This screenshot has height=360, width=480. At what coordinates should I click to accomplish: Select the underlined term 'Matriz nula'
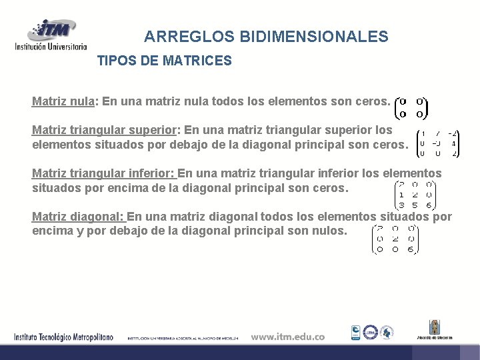(63, 102)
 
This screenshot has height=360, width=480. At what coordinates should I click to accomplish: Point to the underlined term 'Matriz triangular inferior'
(103, 174)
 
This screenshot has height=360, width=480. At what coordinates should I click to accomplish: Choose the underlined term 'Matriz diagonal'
(77, 217)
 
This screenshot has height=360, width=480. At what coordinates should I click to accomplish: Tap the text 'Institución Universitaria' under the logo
(51, 47)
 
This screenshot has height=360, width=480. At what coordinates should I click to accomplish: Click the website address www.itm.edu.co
(287, 337)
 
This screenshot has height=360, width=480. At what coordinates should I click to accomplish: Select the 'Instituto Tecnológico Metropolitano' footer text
(64, 337)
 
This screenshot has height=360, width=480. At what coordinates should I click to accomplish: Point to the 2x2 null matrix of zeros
(411, 108)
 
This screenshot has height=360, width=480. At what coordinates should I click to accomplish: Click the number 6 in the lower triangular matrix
(431, 205)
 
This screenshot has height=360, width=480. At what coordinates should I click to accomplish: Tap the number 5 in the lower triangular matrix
(415, 205)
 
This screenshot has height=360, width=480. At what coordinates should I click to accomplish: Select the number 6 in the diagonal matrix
(411, 249)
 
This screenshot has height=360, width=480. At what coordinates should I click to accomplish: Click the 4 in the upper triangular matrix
(453, 143)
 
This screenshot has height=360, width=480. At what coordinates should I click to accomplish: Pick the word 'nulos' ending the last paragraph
(331, 231)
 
